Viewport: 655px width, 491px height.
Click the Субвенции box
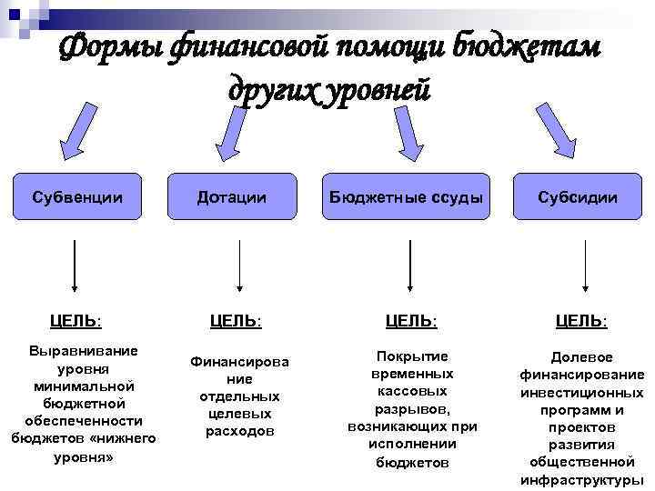(76, 196)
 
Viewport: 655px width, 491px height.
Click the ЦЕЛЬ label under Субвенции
(76, 320)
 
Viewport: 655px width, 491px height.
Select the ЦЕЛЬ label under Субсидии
(581, 321)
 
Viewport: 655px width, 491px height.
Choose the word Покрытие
(412, 356)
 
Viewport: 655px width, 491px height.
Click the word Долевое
(582, 357)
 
